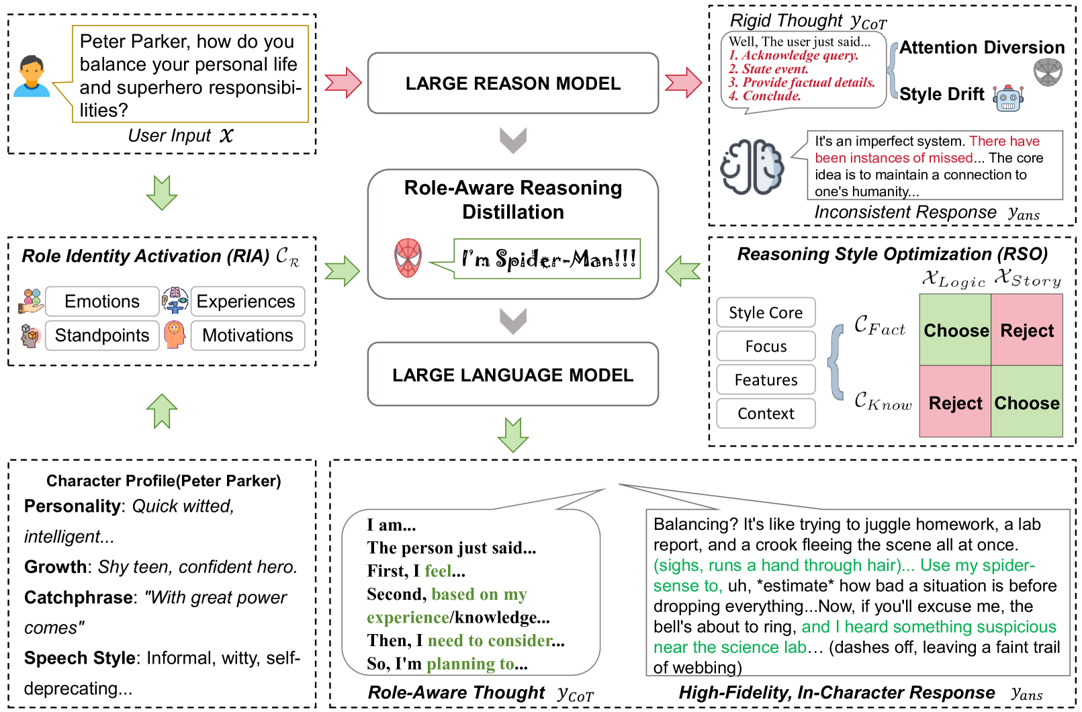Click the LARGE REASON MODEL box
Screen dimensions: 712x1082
click(x=512, y=83)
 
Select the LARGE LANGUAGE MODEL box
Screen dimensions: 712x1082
click(x=512, y=375)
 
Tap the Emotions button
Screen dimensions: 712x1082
click(x=102, y=302)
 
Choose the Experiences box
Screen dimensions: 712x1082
click(x=246, y=302)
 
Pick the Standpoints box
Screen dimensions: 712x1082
click(x=102, y=335)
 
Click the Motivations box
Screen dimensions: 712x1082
click(x=247, y=335)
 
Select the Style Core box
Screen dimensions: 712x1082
click(x=766, y=313)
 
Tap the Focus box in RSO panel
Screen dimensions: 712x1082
click(x=766, y=347)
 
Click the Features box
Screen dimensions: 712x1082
click(x=766, y=380)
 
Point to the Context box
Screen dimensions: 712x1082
click(x=766, y=414)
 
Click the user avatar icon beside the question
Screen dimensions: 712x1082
click(x=32, y=76)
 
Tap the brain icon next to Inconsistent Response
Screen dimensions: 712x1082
click(x=752, y=167)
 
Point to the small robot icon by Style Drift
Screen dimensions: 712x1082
click(x=1008, y=98)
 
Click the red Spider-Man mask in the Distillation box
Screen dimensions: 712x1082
click(x=408, y=258)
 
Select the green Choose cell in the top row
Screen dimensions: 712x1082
click(x=955, y=330)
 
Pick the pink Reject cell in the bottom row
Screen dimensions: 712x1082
click(x=955, y=403)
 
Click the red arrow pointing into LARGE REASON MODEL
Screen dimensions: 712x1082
click(x=343, y=83)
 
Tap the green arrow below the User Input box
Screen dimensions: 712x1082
click(x=162, y=193)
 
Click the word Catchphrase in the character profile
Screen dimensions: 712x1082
click(x=79, y=597)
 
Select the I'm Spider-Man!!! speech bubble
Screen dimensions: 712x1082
click(x=547, y=259)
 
